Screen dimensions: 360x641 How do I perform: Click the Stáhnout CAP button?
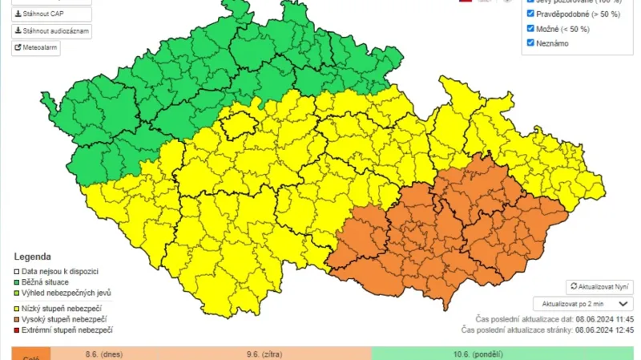(51, 14)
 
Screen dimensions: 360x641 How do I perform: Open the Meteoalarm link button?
(36, 47)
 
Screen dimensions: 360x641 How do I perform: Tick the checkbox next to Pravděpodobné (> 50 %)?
(530, 14)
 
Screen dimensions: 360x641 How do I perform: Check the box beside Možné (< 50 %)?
(530, 28)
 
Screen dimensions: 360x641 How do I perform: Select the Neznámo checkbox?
(530, 42)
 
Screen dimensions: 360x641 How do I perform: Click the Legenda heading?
(32, 257)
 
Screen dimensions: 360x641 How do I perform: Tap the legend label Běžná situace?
(46, 282)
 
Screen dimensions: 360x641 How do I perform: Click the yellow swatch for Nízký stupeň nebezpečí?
(17, 308)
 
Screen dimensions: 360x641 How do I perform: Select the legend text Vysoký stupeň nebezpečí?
(64, 319)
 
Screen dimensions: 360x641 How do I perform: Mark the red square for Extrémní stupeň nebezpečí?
(17, 330)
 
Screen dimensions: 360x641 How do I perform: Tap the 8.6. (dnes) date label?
(103, 353)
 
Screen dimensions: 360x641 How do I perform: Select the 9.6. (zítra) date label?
(264, 353)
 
